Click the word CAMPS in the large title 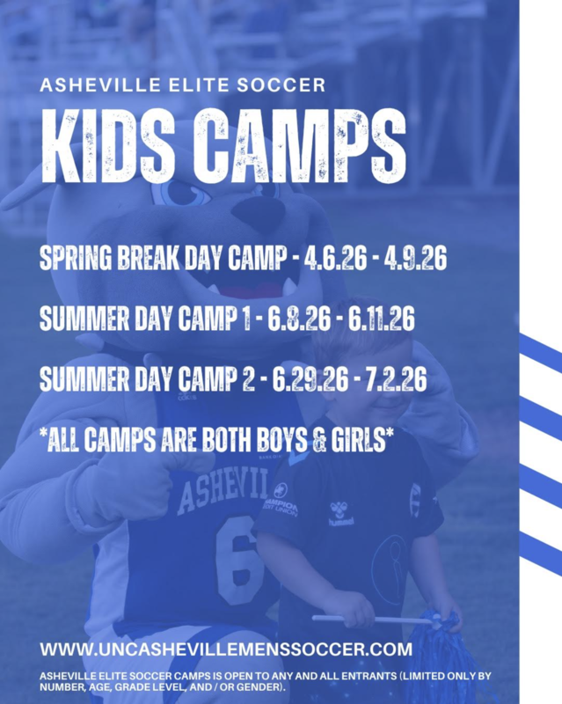point(300,146)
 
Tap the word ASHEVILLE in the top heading point(99,84)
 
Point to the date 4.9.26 point(415,259)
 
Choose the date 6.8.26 point(299,319)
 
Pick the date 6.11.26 point(381,319)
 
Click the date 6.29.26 point(310,379)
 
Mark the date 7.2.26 point(396,379)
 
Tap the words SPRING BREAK point(110,259)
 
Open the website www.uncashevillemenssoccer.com point(226,649)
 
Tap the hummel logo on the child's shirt point(341,513)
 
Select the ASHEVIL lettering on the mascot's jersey point(223,491)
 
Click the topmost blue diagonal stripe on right point(541,354)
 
